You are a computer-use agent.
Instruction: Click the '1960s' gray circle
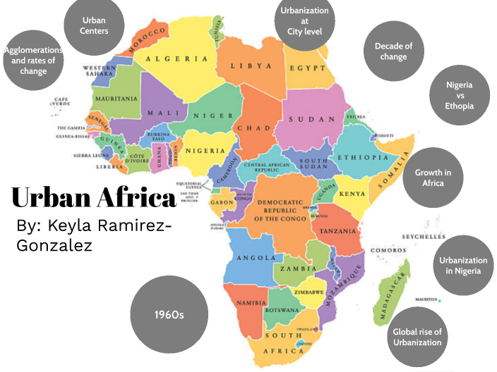tap(169, 314)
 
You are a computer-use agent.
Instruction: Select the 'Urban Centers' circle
tap(95, 25)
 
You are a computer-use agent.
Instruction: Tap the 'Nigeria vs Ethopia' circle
tap(459, 95)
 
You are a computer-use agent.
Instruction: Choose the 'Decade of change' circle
tap(393, 51)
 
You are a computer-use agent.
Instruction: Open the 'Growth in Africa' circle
tap(433, 178)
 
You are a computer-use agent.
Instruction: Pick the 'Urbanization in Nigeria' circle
tap(463, 266)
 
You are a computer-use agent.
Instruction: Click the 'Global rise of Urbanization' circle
tap(417, 337)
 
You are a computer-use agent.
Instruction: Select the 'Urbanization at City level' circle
tap(304, 21)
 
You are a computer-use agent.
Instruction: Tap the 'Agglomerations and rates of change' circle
tap(32, 61)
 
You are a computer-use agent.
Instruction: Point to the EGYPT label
tap(306, 68)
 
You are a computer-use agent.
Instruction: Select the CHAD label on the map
tap(253, 128)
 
